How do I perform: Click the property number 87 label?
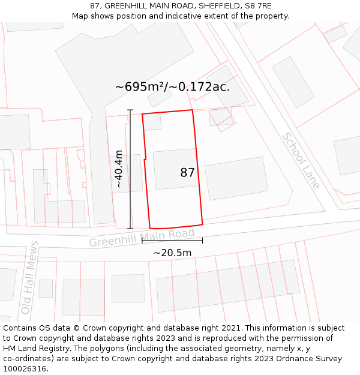pos(187,173)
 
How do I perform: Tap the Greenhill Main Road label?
pos(142,238)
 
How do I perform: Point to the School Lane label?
pos(302,161)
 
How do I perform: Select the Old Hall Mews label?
pos(29,277)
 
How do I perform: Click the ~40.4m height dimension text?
pos(119,169)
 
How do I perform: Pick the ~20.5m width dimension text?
pos(172,253)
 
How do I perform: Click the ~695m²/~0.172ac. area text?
pos(172,86)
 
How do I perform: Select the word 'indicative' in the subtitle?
pos(187,16)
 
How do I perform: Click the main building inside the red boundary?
pos(176,169)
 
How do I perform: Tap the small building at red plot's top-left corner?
pos(152,122)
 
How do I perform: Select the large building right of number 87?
pos(236,178)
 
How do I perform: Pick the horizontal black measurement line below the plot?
pos(172,241)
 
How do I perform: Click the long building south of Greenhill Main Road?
pos(228,285)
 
